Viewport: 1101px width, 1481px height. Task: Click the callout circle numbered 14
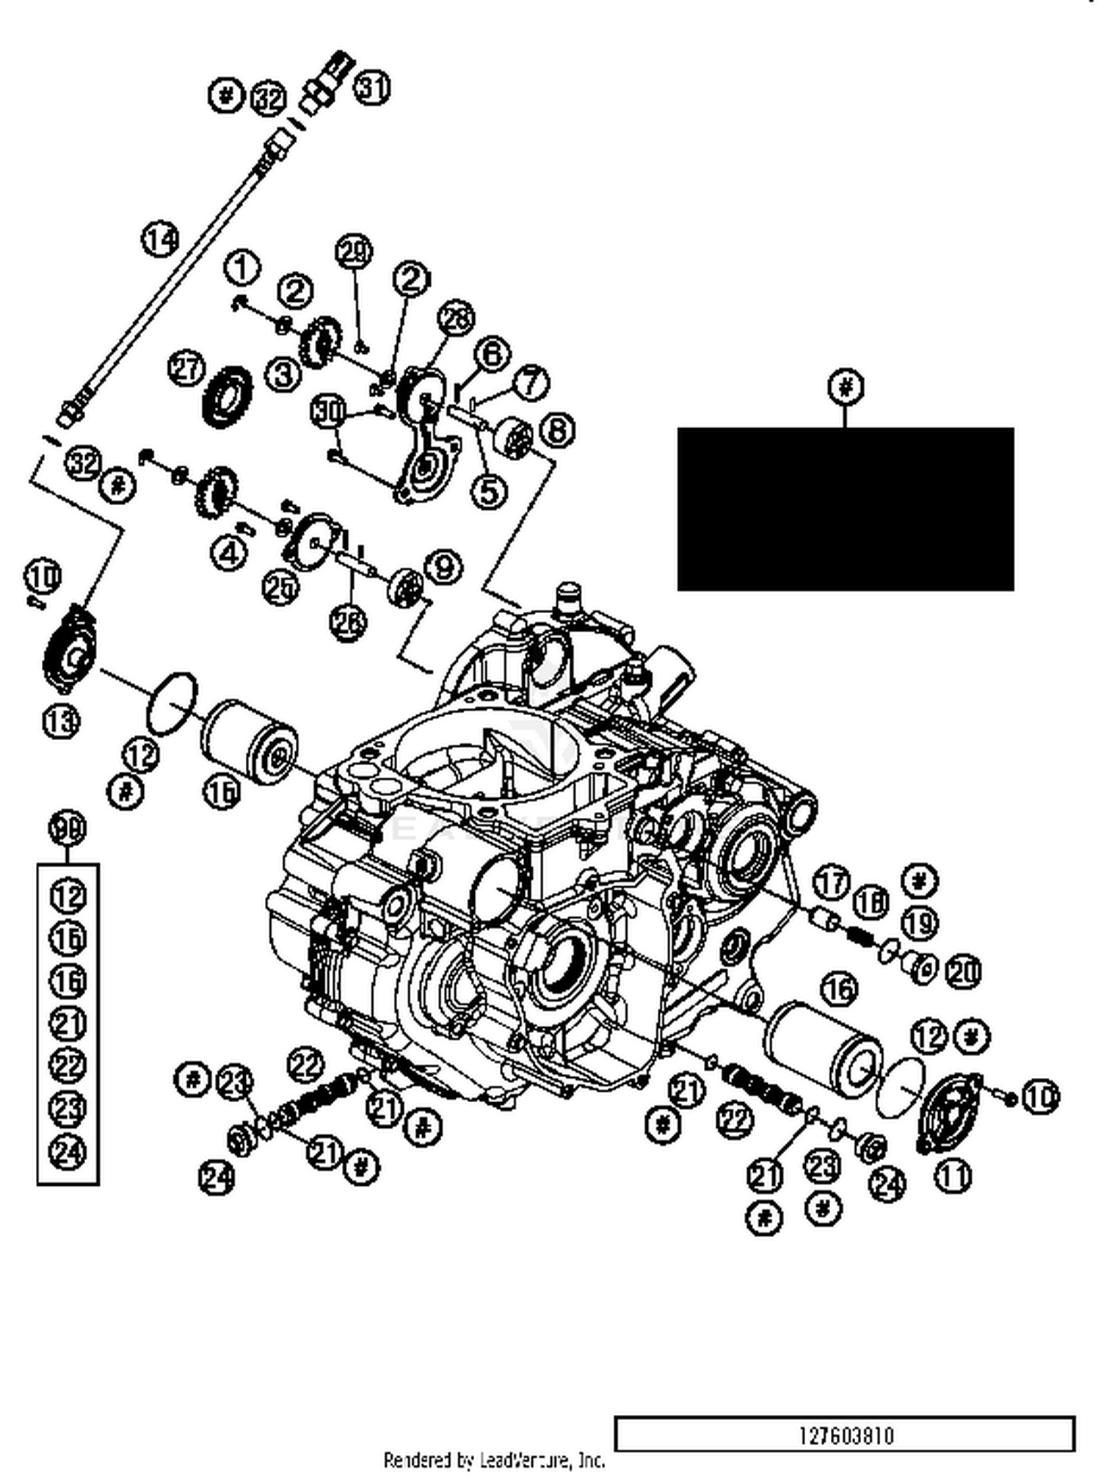tap(160, 239)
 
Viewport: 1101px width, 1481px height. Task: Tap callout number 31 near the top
tap(372, 88)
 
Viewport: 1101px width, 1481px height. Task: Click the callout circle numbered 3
tap(283, 374)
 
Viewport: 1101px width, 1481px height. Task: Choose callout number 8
tap(557, 430)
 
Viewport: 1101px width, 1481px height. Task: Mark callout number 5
tap(489, 491)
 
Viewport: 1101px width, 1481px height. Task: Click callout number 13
tap(61, 721)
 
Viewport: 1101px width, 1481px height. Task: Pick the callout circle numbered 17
tap(831, 882)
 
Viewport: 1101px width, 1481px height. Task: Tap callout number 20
tap(963, 973)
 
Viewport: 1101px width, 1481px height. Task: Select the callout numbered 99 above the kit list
tap(68, 829)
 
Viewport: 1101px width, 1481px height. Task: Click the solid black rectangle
tap(846, 509)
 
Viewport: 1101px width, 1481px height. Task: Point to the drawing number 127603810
tap(846, 1435)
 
